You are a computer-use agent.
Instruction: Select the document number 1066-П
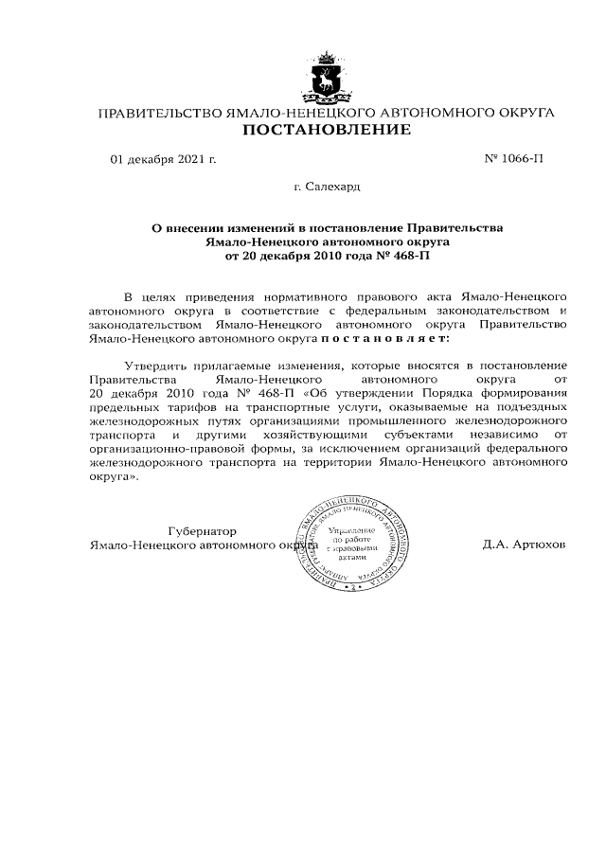pyautogui.click(x=522, y=159)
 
